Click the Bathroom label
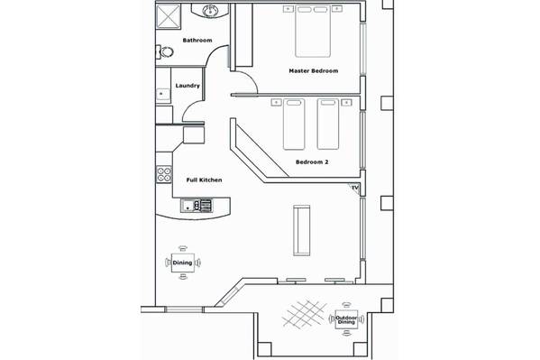(197, 41)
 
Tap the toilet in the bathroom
(165, 52)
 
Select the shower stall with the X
(168, 16)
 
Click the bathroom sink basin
(209, 11)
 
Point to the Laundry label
(188, 86)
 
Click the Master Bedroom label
(314, 71)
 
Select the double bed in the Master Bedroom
(313, 31)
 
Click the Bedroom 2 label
(312, 162)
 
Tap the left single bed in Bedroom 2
(294, 125)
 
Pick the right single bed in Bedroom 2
(328, 125)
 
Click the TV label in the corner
(355, 188)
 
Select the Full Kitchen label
(204, 180)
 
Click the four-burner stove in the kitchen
(164, 174)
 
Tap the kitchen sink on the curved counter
(197, 206)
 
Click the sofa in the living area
(301, 230)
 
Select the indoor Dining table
(183, 263)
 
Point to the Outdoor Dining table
(346, 320)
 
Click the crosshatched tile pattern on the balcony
(305, 313)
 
